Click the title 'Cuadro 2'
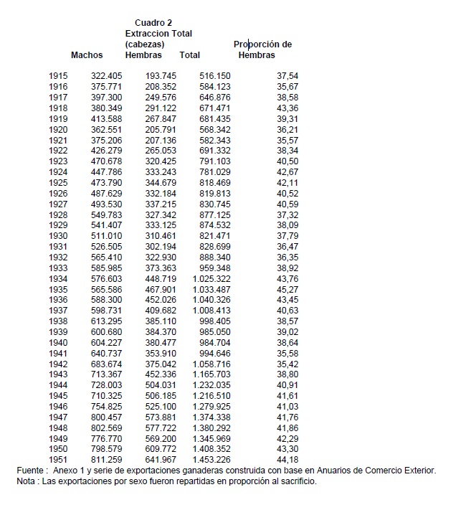[x=153, y=23]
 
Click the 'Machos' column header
[x=87, y=55]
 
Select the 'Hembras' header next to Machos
[x=143, y=55]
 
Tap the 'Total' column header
[x=190, y=55]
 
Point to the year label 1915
[x=58, y=76]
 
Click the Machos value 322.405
[x=107, y=76]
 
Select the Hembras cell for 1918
[x=161, y=108]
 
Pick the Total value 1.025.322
[x=211, y=278]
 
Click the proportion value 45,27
[x=287, y=289]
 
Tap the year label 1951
[x=58, y=459]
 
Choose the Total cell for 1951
[x=211, y=459]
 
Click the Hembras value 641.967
[x=161, y=459]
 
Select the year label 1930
[x=58, y=236]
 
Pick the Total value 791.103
[x=214, y=161]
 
